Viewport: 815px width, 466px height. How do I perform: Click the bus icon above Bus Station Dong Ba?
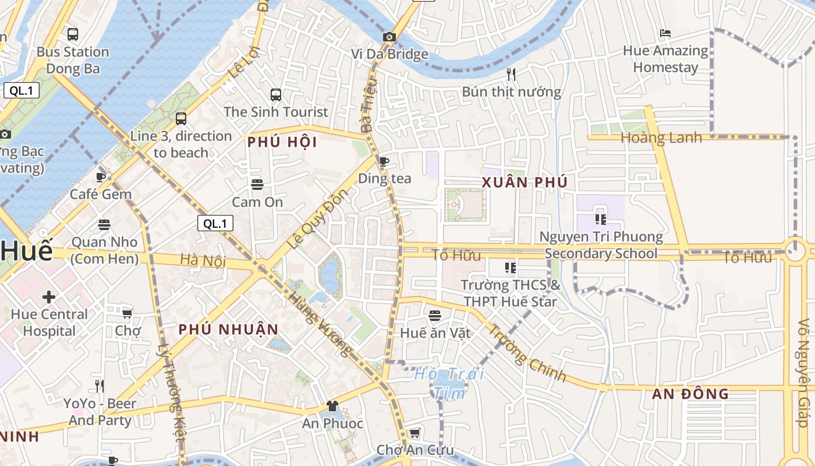coord(73,34)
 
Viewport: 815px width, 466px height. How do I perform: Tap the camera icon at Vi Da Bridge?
coord(389,37)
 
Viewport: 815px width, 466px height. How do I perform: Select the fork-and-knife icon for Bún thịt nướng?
coord(511,74)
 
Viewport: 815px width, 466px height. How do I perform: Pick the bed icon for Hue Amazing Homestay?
coord(665,33)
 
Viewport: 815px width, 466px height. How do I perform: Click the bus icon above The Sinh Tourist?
coord(276,94)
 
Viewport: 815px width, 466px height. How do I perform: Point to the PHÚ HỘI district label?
coord(282,142)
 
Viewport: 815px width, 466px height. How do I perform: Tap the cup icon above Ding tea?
coord(384,161)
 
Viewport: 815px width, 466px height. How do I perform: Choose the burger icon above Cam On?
coord(257,185)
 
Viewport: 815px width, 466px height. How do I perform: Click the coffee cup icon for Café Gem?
coord(100,177)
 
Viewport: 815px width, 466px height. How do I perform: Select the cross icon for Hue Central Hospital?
coord(49,297)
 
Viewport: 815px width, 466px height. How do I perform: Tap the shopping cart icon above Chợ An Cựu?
coord(414,433)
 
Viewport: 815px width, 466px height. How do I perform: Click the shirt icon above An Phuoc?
coord(332,406)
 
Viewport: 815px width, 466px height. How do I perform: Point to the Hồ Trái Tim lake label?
coord(449,383)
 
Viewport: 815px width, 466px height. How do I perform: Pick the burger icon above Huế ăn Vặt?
coord(435,316)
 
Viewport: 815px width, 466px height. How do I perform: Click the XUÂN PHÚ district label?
coord(525,182)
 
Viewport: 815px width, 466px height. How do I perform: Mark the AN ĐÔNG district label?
coord(690,394)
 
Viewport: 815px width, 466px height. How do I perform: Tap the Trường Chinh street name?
coord(526,353)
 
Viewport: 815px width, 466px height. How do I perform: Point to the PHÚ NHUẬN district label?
coord(229,330)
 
